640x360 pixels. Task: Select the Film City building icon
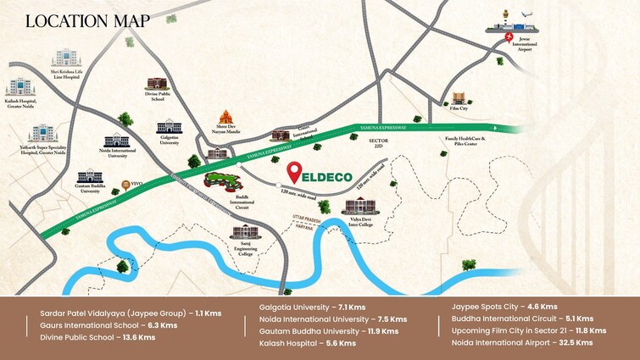(459, 99)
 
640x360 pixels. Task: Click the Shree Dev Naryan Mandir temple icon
(226, 119)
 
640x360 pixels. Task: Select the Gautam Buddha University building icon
(90, 176)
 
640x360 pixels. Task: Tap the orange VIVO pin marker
(126, 183)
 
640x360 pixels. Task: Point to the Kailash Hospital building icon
(20, 88)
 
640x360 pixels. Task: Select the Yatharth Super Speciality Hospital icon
(41, 134)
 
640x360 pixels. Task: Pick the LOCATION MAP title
(75, 20)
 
